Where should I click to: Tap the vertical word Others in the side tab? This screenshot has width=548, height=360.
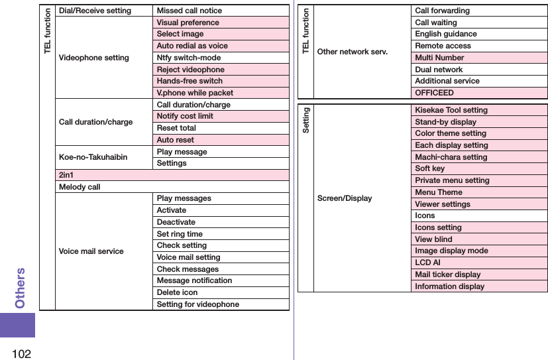[x=21, y=288]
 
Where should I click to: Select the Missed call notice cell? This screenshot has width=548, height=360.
[x=189, y=11]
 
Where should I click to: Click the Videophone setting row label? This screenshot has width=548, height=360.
[x=94, y=58]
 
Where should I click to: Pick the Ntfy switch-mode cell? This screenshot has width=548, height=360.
[x=189, y=58]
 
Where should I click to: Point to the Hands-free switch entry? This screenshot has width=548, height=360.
[x=190, y=81]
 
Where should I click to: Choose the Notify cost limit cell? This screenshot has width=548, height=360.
[x=185, y=116]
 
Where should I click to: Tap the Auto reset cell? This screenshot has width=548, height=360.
[x=176, y=140]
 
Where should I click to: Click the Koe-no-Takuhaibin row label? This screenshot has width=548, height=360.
[x=93, y=157]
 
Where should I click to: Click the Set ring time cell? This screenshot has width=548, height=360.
[x=180, y=234]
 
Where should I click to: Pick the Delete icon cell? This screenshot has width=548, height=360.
[x=177, y=292]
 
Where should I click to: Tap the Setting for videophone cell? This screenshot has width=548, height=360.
[x=197, y=304]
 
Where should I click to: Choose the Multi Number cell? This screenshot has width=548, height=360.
[x=439, y=58]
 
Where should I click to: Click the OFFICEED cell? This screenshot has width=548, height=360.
[x=435, y=93]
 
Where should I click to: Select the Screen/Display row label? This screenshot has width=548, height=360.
[x=345, y=198]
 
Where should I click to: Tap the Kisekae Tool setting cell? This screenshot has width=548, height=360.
[x=451, y=110]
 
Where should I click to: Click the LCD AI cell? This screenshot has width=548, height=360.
[x=427, y=263]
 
